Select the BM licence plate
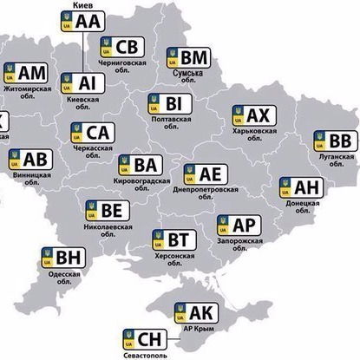pos(188,58)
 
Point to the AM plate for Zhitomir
pos(27,72)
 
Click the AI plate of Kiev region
pos(81,82)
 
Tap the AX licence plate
pos(252,115)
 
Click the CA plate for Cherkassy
pos(91,133)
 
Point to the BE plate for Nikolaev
pos(105,210)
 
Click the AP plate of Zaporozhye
pos(236,226)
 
